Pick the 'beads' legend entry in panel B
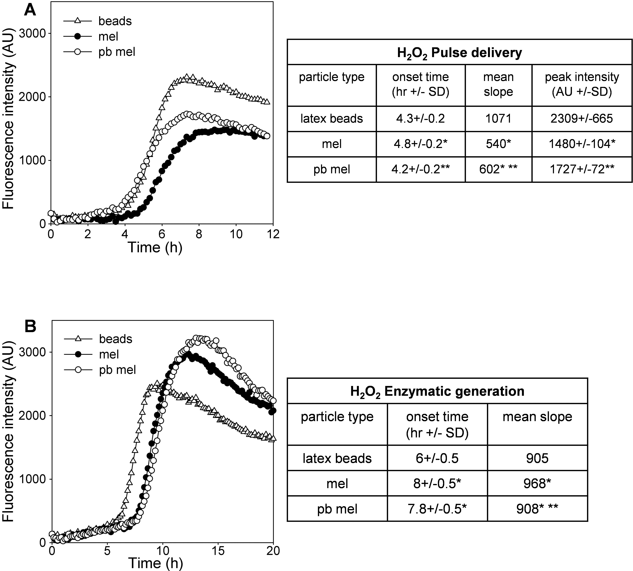coord(115,339)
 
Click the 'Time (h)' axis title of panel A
coord(155,247)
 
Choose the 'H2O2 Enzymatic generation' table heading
coord(437,391)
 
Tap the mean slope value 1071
coord(498,119)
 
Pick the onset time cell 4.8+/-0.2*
coord(420,144)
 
